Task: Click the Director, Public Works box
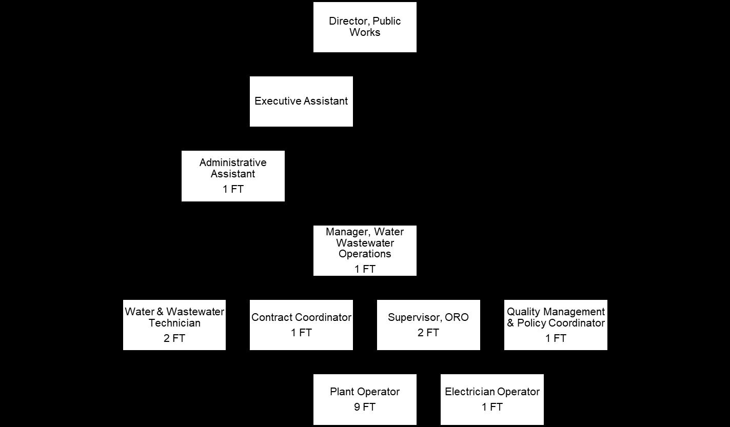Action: [365, 27]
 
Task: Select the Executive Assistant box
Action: [301, 101]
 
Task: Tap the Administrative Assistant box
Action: [233, 176]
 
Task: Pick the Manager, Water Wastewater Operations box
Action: [365, 251]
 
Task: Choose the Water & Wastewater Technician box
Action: [174, 325]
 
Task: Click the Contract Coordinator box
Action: [301, 325]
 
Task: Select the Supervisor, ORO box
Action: [428, 325]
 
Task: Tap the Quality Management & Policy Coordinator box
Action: [556, 325]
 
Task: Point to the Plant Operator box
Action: [365, 399]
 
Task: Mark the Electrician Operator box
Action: [492, 399]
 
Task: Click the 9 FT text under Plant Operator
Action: [365, 408]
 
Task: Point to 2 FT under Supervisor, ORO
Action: [428, 333]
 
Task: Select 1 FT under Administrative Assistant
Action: [233, 190]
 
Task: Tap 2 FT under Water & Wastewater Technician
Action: [174, 339]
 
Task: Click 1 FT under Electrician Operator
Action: [492, 408]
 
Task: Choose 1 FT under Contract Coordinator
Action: [301, 333]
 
